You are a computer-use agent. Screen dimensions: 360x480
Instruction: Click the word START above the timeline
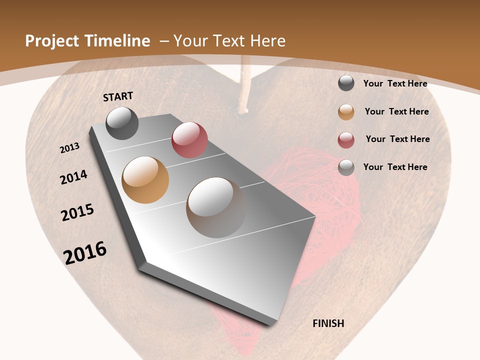click(x=118, y=96)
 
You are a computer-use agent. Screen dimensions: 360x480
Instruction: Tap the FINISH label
click(x=328, y=323)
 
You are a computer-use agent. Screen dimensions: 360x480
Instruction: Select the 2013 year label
click(x=70, y=148)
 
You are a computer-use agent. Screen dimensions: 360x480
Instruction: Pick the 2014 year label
click(x=74, y=177)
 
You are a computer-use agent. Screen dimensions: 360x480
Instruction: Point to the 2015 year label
click(x=77, y=212)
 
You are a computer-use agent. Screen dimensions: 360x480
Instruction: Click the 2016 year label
click(x=85, y=253)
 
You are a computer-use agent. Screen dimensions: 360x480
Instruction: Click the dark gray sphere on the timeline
click(x=122, y=123)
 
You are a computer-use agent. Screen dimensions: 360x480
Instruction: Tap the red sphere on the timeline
click(x=189, y=140)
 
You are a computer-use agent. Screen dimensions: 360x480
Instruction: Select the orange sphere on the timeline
click(x=145, y=180)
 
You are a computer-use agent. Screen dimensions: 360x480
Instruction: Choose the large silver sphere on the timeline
click(x=216, y=207)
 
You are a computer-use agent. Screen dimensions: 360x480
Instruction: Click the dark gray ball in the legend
click(x=346, y=83)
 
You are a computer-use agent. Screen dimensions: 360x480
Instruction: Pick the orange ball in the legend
click(x=346, y=112)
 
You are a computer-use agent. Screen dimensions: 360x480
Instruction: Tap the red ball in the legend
click(x=346, y=140)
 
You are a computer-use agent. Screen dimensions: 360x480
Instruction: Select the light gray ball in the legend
click(x=346, y=167)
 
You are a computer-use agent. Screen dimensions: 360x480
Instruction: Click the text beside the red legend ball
click(x=397, y=139)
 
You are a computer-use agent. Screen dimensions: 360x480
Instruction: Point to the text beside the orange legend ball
click(x=396, y=111)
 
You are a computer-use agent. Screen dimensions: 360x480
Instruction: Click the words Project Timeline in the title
click(x=87, y=41)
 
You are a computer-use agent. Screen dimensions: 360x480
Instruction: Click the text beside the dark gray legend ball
click(x=395, y=83)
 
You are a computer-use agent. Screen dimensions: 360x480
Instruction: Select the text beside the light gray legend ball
click(x=395, y=167)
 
